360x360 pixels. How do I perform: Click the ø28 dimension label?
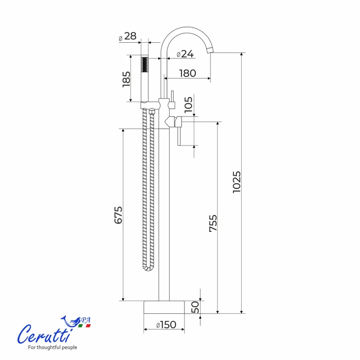[x=128, y=36]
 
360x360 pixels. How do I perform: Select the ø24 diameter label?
[x=185, y=54]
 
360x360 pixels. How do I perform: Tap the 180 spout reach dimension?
[x=188, y=73]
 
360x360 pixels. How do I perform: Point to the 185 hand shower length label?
[x=126, y=79]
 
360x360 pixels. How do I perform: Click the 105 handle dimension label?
[x=189, y=105]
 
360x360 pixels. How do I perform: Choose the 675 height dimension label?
[x=118, y=215]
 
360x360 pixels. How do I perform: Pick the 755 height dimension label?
[x=213, y=223]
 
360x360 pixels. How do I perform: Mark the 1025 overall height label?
[x=237, y=182]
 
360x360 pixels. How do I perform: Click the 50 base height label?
[x=195, y=307]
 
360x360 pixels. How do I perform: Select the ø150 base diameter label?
[x=166, y=324]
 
